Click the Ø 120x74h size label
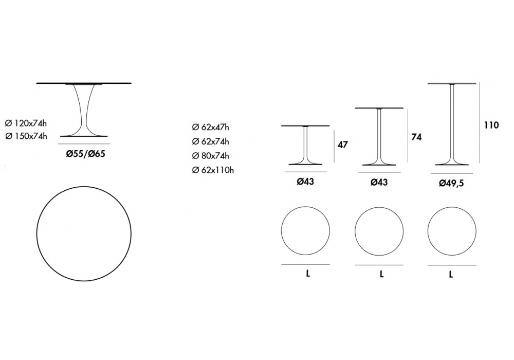click(26, 123)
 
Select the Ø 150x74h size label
click(26, 136)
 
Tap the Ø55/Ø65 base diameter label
click(85, 154)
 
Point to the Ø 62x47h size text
click(210, 127)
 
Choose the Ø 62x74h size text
click(210, 141)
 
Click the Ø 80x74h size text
click(210, 156)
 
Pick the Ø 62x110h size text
click(213, 170)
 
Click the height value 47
click(342, 145)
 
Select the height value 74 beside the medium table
click(416, 137)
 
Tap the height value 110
click(491, 125)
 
